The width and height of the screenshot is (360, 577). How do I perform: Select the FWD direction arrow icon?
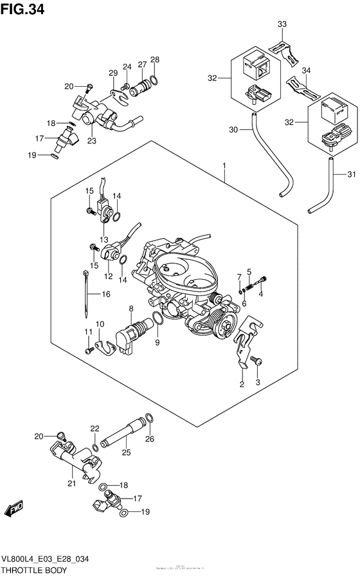click(x=15, y=510)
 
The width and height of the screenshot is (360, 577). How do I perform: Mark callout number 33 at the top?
click(x=282, y=24)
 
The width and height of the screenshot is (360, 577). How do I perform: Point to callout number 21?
click(x=71, y=482)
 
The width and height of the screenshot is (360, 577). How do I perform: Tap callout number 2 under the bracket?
click(x=242, y=385)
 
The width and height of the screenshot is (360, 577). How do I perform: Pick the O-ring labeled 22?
click(x=95, y=446)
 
